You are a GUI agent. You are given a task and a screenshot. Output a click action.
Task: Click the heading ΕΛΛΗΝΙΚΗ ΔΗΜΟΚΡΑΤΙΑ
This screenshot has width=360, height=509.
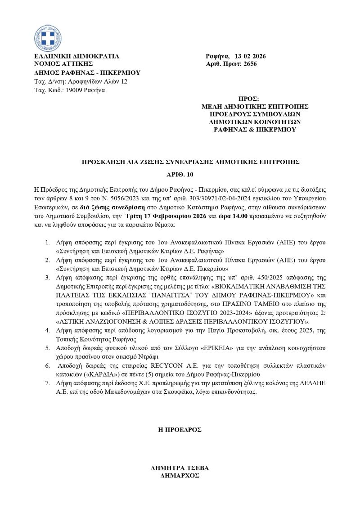point(77,56)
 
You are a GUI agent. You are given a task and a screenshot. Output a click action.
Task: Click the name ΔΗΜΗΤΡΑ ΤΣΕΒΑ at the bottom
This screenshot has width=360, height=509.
point(180,468)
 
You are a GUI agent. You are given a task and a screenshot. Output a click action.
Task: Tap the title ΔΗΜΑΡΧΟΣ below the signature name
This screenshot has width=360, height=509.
point(180,475)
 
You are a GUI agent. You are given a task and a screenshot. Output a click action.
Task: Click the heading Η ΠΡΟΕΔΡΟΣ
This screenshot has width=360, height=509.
point(180,429)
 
